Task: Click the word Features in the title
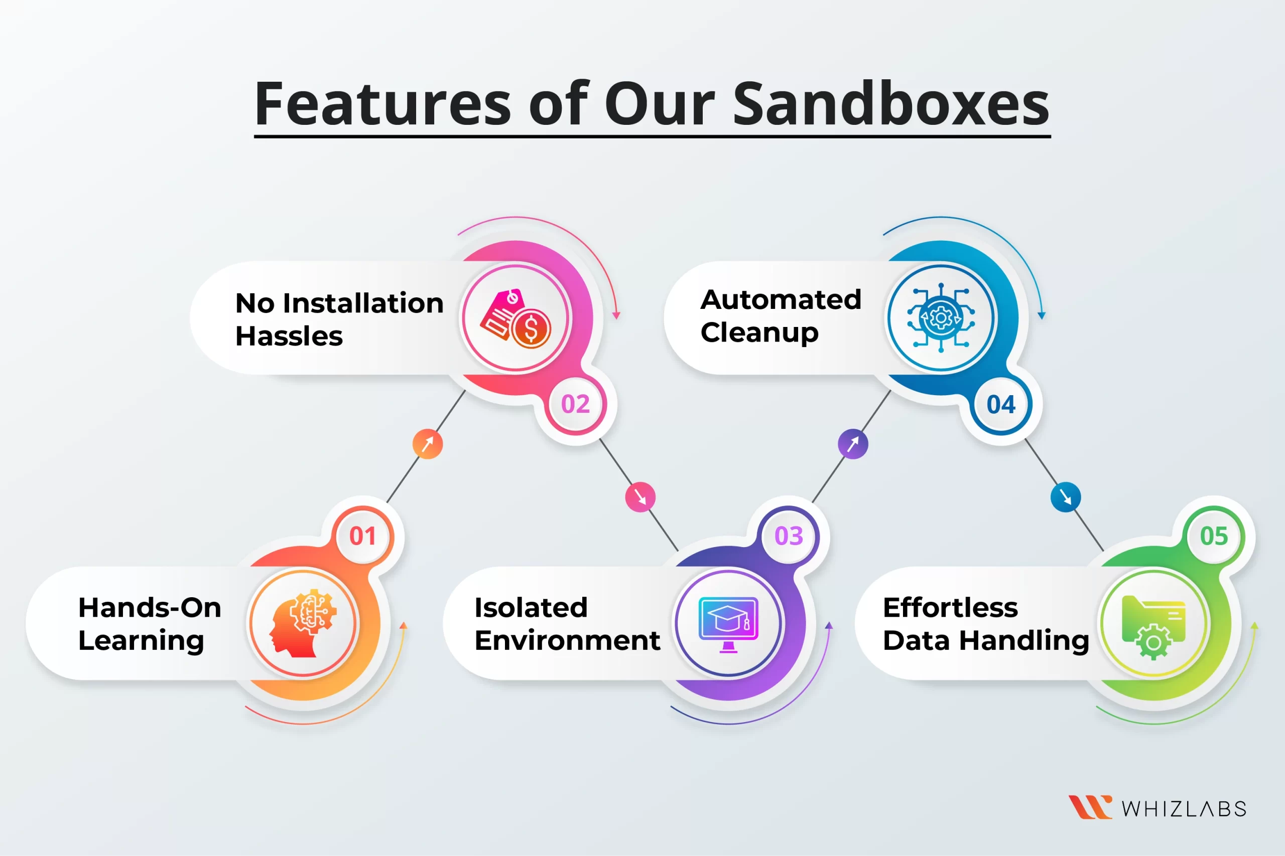[383, 103]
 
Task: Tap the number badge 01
[363, 536]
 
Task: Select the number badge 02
[575, 404]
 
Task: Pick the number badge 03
[789, 536]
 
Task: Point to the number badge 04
[1001, 404]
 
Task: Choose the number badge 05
[1214, 536]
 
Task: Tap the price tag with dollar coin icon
[515, 318]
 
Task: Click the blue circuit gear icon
[941, 317]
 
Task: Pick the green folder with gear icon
[1153, 627]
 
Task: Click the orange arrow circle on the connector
[428, 444]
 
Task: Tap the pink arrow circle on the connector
[640, 497]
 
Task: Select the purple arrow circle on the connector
[853, 444]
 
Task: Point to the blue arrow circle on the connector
[1065, 497]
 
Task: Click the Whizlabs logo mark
[1090, 807]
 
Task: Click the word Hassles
[289, 336]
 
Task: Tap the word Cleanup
[759, 333]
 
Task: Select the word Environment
[567, 640]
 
